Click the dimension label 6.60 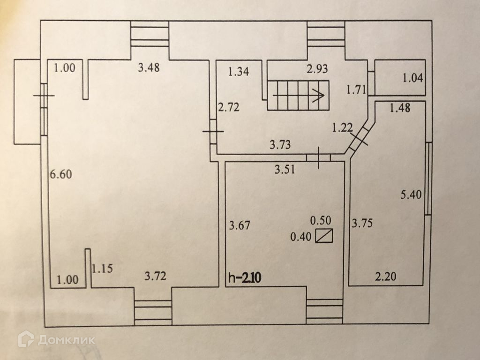60,174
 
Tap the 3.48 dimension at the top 149,68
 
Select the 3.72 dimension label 155,276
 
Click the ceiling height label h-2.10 244,277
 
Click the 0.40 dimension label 301,237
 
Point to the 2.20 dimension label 385,277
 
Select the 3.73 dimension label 280,145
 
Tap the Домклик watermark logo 56,339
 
